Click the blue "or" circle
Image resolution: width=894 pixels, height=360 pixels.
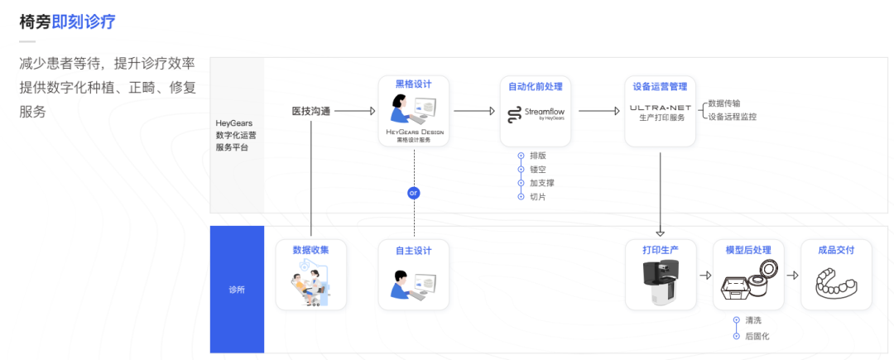click(414, 193)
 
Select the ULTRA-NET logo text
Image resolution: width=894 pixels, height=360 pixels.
click(660, 108)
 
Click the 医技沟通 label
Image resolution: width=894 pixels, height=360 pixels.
click(311, 110)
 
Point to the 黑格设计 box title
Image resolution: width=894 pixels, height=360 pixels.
click(414, 85)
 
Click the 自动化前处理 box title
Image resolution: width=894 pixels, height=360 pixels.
click(536, 85)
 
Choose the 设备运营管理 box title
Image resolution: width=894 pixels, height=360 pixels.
click(660, 85)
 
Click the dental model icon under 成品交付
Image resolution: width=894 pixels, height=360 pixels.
click(835, 284)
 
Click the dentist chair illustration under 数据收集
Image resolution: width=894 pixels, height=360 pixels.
click(311, 282)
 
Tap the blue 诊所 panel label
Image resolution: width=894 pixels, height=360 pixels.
click(237, 290)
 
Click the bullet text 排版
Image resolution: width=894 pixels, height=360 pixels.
click(536, 156)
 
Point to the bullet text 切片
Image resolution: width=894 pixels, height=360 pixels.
click(536, 196)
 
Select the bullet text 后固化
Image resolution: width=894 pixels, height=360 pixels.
click(757, 336)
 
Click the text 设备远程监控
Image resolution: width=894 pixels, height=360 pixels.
click(732, 117)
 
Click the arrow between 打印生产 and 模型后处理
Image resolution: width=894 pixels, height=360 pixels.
click(705, 276)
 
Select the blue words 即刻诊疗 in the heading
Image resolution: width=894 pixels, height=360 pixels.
click(84, 22)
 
